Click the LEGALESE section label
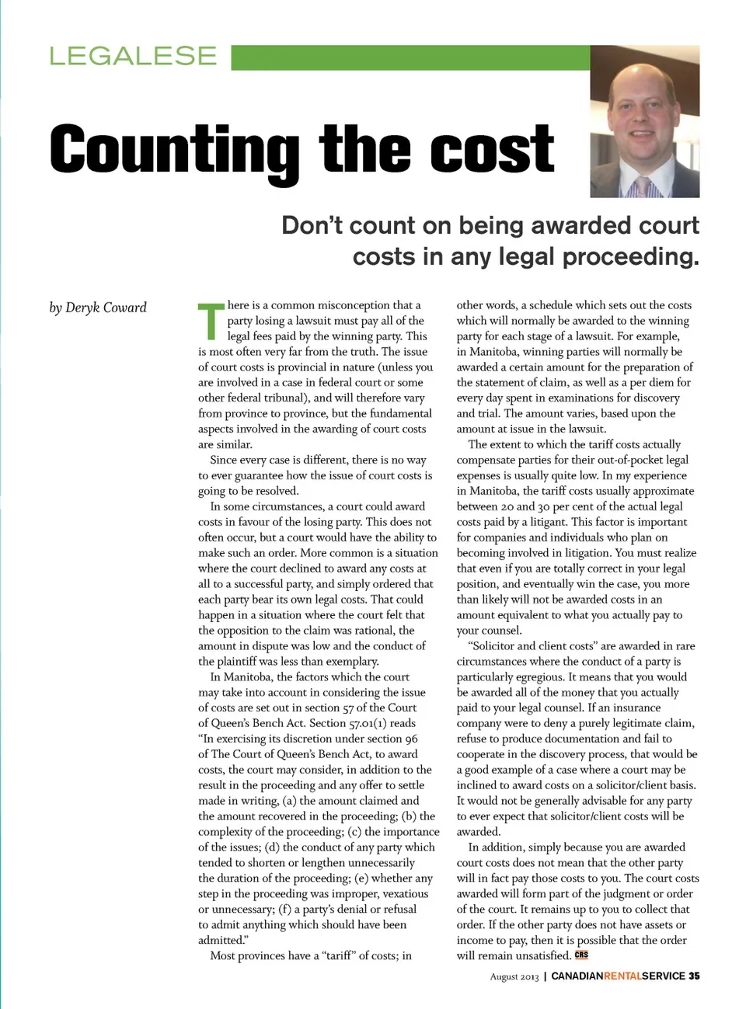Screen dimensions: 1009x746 133,56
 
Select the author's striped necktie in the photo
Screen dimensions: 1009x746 643,187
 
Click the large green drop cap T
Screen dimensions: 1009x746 211,321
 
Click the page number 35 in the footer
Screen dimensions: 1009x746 694,976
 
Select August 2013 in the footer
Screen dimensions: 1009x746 514,976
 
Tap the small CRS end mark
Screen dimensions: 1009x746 581,955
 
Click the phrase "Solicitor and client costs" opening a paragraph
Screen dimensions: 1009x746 528,646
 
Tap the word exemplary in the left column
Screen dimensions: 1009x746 350,662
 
